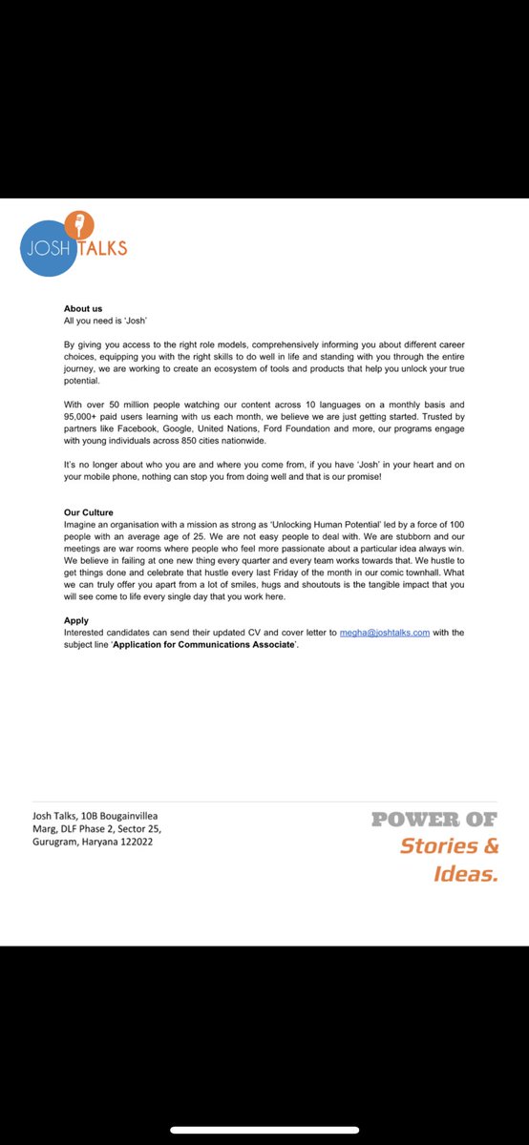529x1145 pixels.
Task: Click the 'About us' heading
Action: [83, 309]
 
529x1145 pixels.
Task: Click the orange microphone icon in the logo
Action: [82, 226]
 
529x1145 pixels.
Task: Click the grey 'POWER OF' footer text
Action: [434, 819]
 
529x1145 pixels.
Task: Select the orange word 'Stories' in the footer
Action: [440, 845]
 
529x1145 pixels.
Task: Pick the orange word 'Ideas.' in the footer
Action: [466, 873]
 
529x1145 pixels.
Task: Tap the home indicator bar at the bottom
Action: [264, 1130]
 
